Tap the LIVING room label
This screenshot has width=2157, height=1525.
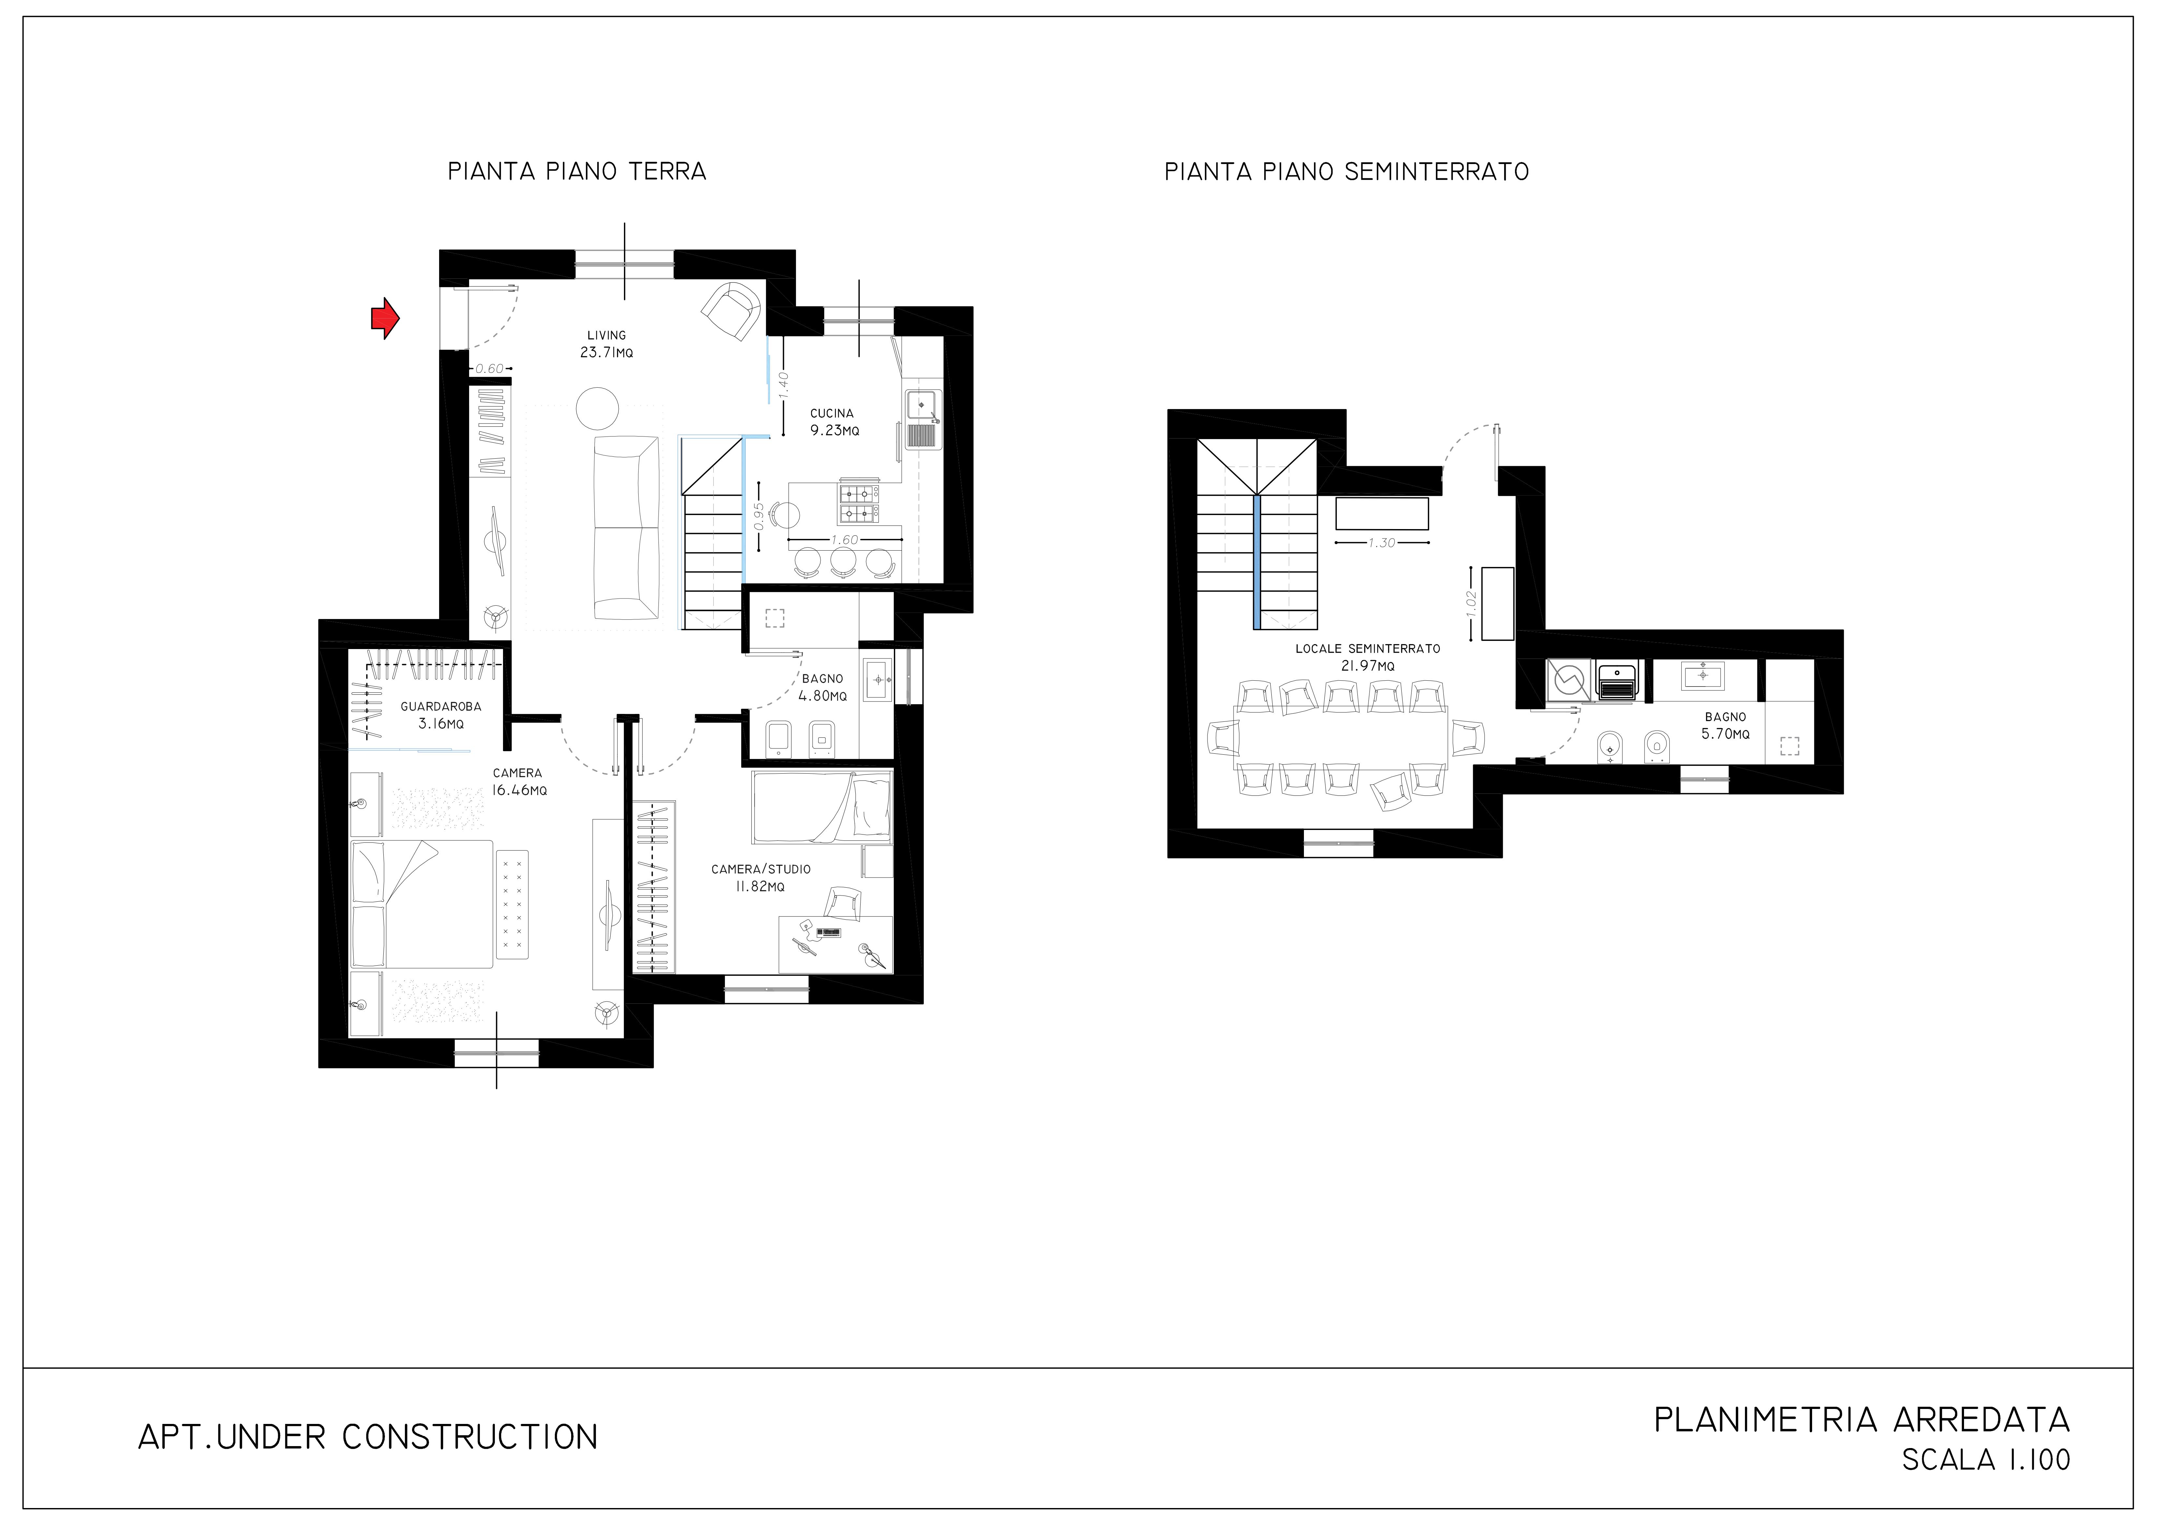607,335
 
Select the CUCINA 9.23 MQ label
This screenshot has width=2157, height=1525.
834,422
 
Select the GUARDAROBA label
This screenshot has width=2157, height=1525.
441,707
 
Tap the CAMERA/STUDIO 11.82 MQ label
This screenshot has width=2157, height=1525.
761,878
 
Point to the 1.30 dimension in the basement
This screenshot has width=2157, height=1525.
1382,543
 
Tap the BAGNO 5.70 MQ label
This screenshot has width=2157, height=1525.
1726,725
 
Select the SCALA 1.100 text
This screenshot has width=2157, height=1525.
1986,1459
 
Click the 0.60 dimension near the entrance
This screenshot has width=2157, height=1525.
490,368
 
